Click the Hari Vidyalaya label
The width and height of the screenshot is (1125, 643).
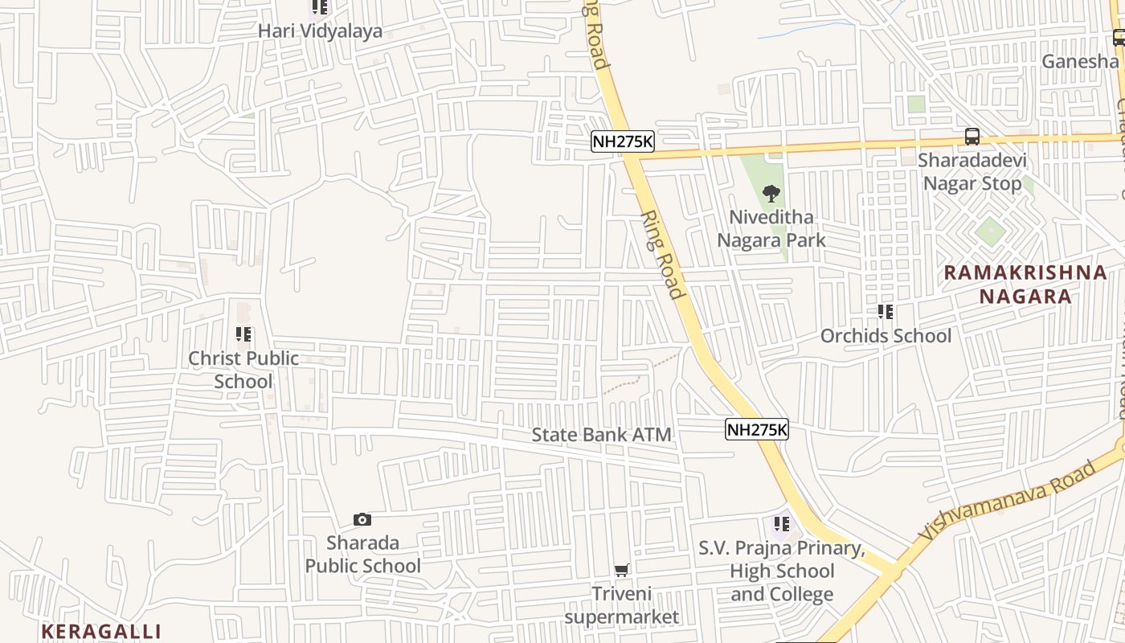[320, 31]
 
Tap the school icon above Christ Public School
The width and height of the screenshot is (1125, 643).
[243, 334]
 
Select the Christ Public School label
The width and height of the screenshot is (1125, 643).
[243, 370]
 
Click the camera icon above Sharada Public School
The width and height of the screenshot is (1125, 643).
[362, 520]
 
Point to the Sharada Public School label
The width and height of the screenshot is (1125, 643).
[362, 554]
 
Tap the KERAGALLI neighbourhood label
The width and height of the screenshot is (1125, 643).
[101, 631]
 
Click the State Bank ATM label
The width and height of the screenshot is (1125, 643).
[601, 435]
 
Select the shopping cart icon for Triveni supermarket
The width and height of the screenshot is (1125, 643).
[621, 571]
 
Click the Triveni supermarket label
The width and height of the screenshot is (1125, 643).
[621, 605]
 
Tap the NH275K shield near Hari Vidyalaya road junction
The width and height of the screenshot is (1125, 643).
[623, 142]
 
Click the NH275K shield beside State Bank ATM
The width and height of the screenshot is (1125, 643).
[757, 430]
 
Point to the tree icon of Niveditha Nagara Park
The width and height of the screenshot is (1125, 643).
[771, 194]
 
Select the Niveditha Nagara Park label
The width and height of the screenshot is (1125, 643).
[771, 228]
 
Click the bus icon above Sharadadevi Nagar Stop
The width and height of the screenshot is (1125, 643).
[972, 137]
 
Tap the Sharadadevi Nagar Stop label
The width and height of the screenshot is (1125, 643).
[974, 172]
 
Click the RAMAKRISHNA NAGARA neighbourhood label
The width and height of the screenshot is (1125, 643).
[1025, 284]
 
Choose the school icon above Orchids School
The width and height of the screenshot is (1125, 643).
[886, 312]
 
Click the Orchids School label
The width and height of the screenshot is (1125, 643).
[886, 335]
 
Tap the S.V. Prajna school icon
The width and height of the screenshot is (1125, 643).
[781, 525]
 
